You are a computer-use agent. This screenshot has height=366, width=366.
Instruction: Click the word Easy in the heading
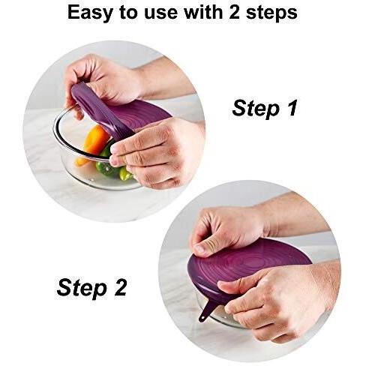click(90, 13)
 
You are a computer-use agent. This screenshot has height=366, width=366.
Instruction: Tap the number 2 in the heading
click(234, 12)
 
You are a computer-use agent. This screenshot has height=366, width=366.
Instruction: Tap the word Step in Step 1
click(255, 109)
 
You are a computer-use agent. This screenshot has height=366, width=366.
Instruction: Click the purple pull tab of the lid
click(206, 310)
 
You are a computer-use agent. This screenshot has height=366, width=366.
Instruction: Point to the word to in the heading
click(128, 13)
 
